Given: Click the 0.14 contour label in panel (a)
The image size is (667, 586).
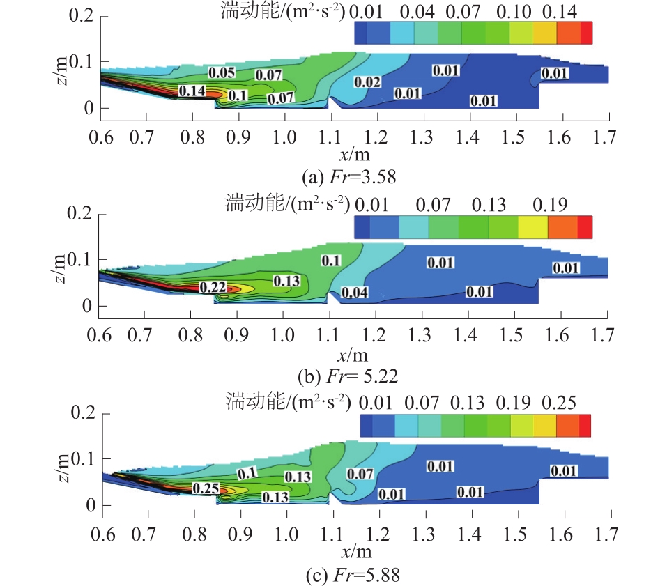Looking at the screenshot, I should click(192, 91).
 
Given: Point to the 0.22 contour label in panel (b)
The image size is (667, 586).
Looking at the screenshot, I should click(213, 286).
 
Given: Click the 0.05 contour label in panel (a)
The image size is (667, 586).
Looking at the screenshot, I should click(222, 72).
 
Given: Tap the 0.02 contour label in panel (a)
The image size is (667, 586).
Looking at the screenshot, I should click(367, 82).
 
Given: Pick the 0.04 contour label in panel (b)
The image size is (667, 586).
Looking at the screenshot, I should click(355, 292).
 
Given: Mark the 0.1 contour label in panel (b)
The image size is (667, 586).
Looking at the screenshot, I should click(330, 260).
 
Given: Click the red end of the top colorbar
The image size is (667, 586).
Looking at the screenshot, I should click(586, 33).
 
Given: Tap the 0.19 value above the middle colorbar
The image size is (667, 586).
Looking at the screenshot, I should click(551, 205).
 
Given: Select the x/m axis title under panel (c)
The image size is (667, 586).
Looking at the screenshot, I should click(355, 552).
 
